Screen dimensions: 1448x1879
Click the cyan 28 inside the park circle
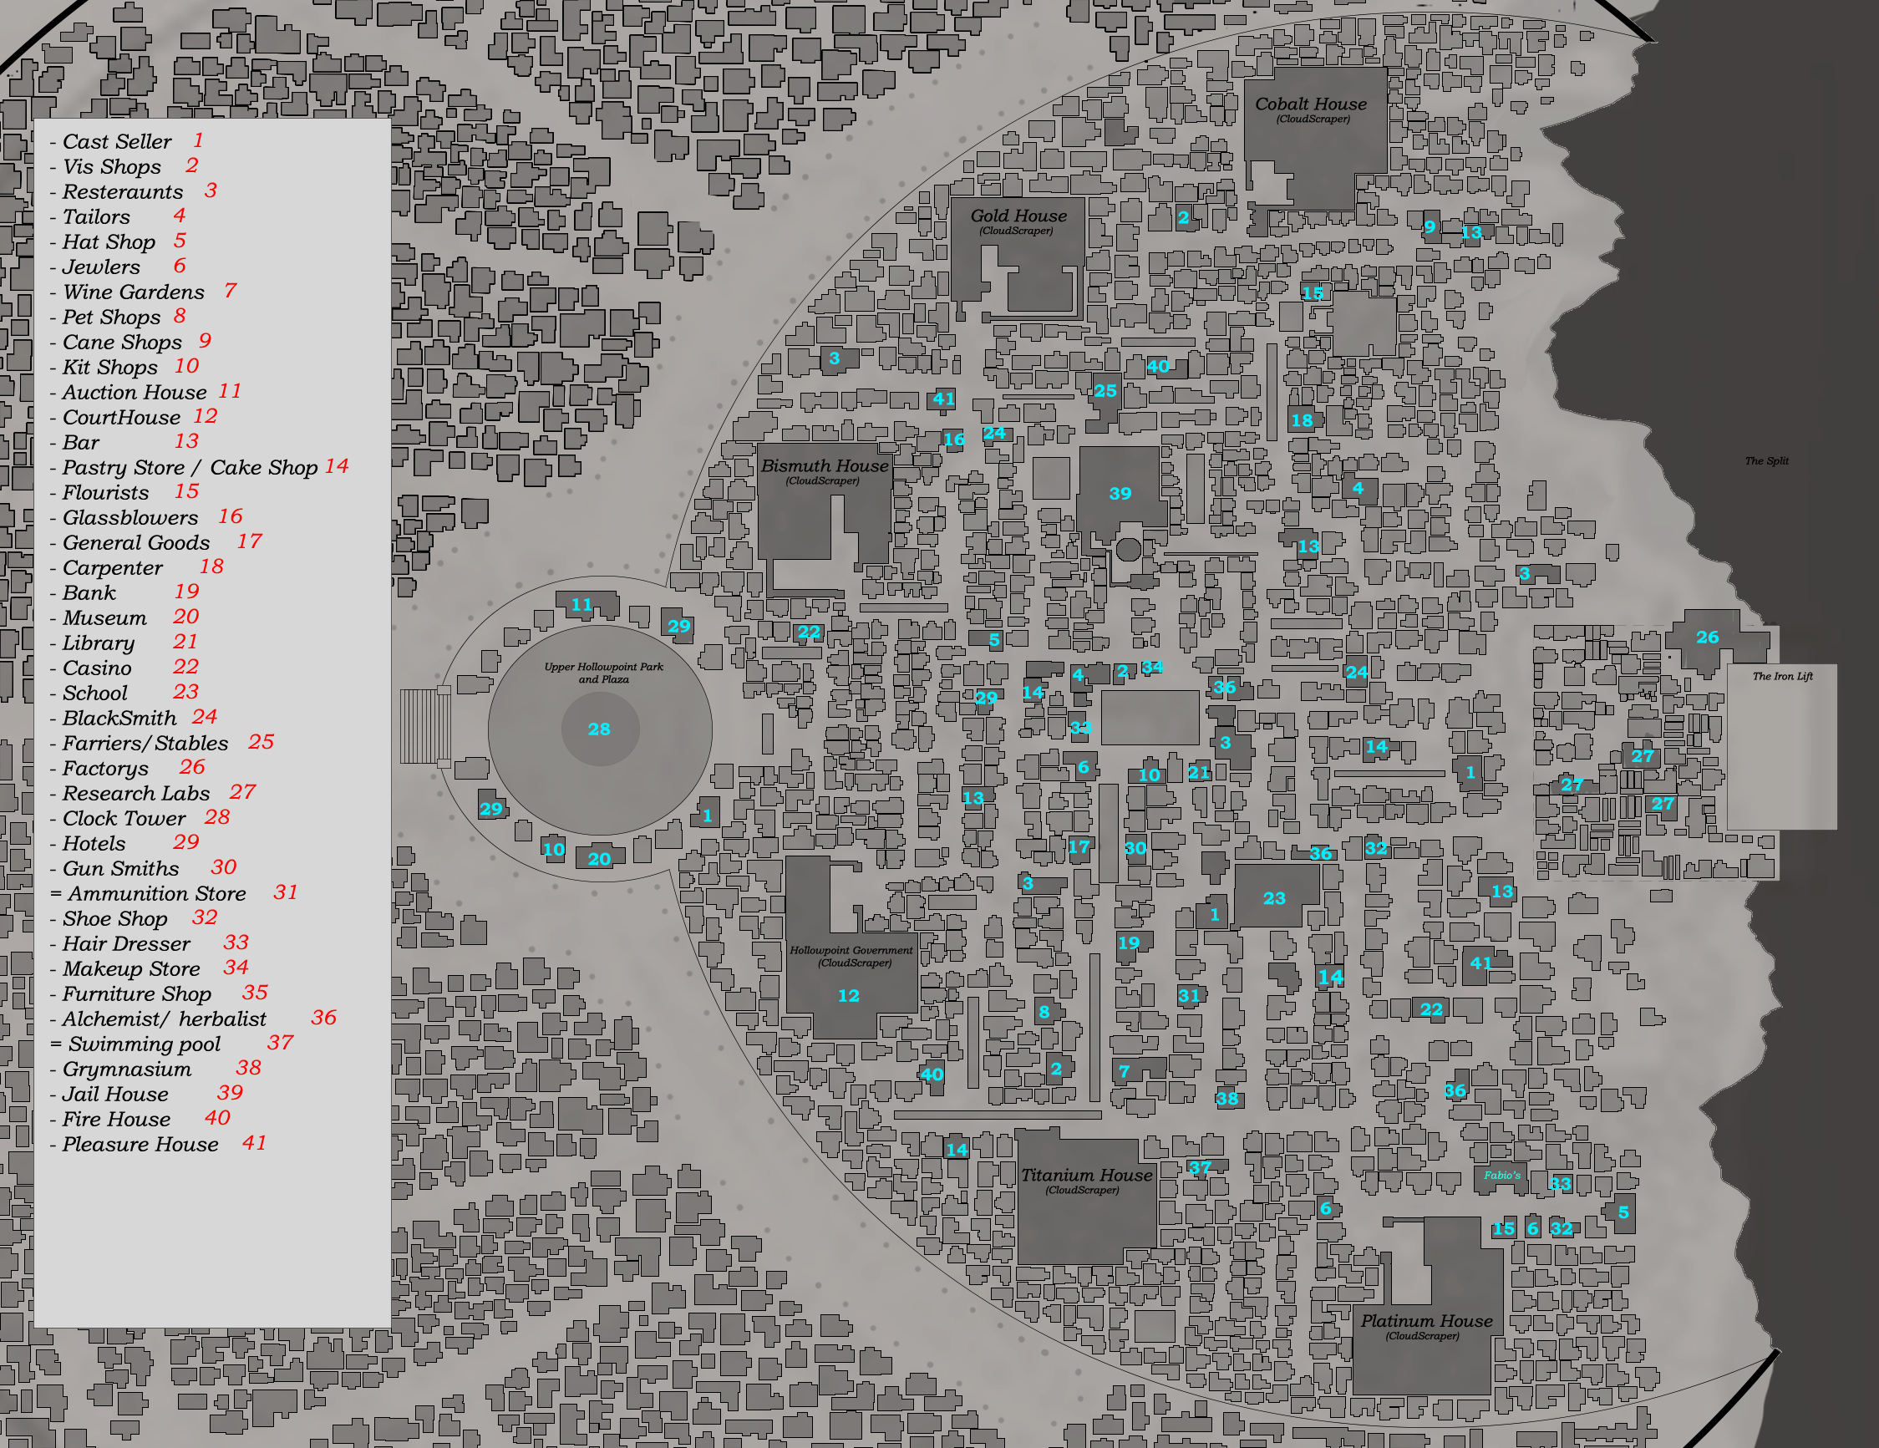pos(599,729)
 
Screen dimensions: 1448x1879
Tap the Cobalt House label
pos(1310,105)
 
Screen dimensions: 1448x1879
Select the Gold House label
pos(1018,216)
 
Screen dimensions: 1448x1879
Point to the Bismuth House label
pos(825,466)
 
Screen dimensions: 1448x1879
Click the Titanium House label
pos(1086,1176)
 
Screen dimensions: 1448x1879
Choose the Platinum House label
pos(1425,1321)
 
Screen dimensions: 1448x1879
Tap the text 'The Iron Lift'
pos(1782,676)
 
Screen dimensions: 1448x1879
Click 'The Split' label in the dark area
pos(1766,461)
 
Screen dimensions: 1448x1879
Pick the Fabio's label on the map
pos(1501,1176)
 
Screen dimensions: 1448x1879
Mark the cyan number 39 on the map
pos(1120,494)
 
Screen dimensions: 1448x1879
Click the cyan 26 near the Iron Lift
pos(1707,638)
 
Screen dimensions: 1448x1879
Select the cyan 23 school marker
pos(1273,899)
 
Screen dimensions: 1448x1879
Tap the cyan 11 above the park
pos(581,605)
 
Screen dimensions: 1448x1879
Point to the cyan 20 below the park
pos(599,859)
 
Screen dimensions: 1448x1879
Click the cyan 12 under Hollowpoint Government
pos(848,995)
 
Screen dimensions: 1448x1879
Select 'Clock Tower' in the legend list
pos(124,818)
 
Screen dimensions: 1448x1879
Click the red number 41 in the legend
pos(254,1142)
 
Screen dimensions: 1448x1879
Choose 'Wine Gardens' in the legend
pos(134,292)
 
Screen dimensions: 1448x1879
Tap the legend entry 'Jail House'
pos(115,1095)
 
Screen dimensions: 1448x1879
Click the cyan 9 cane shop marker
pos(1429,227)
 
